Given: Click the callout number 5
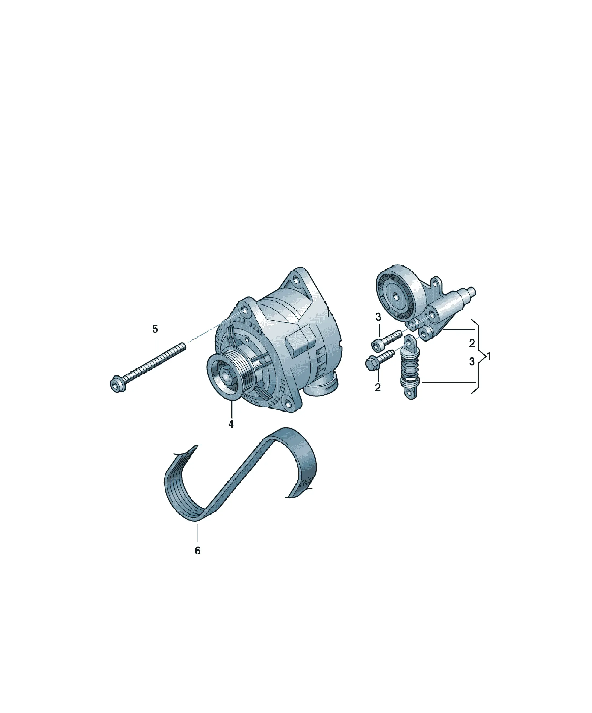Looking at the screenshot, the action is pos(155,329).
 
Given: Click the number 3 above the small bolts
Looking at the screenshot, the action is pos(378,317).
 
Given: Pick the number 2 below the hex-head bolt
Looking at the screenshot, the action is pos(378,387).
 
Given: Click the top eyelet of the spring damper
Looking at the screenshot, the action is pos(410,341).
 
